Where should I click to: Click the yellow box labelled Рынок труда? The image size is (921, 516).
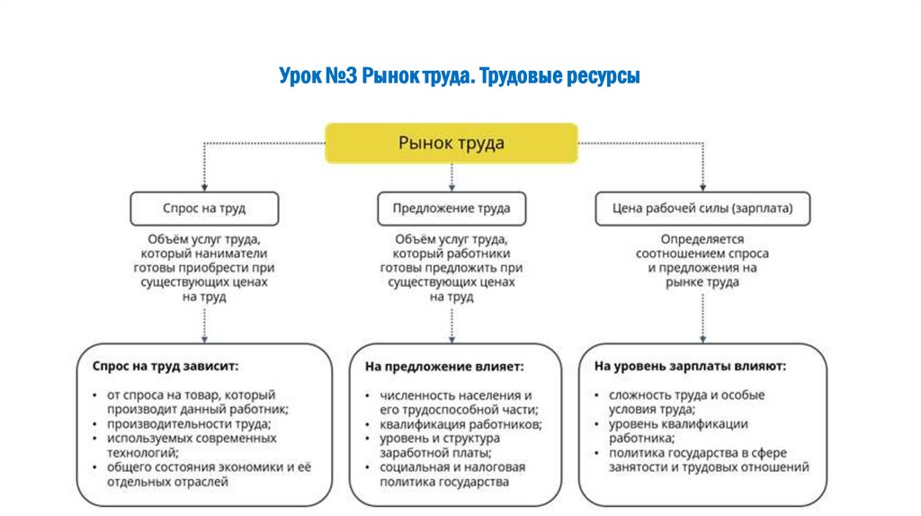[x=451, y=143]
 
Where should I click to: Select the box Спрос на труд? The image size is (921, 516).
[x=204, y=208]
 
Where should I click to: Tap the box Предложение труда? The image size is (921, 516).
[x=451, y=208]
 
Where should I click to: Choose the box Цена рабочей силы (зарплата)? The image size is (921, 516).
[x=702, y=208]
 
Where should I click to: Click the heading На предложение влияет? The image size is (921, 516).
[x=444, y=367]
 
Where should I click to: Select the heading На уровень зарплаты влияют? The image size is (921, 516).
[x=690, y=367]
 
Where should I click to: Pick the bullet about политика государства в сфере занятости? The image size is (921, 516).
[x=702, y=459]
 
